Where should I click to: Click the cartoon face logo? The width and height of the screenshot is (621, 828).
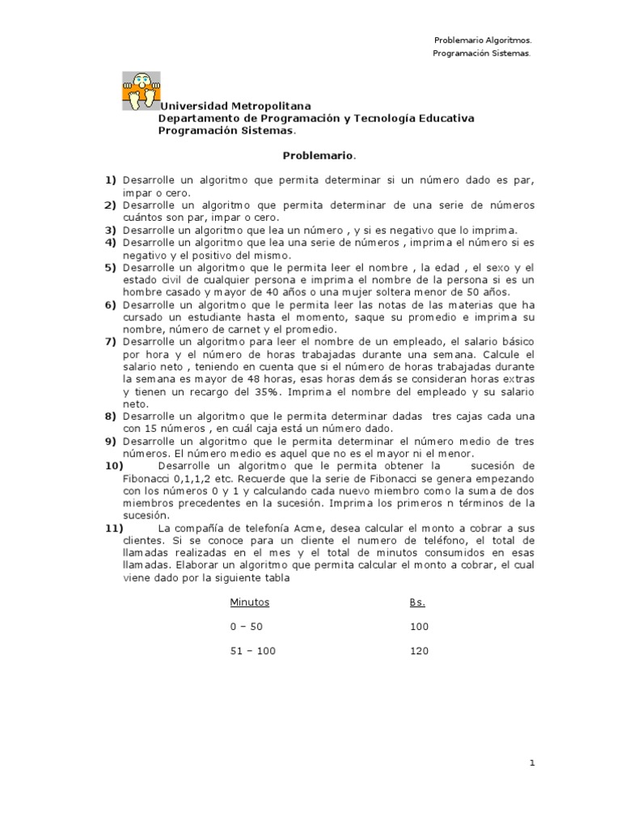tap(141, 91)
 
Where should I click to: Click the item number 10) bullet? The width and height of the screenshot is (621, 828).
tap(113, 467)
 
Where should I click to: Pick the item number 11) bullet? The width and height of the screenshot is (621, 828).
tap(113, 529)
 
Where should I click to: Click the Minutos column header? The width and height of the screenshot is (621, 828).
tap(249, 602)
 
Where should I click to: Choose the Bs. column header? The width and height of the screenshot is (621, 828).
tap(417, 602)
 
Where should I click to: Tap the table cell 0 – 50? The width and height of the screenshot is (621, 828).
tap(247, 627)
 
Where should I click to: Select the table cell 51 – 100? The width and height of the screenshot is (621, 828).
tap(252, 651)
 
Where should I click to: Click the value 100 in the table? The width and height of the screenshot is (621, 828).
tap(420, 627)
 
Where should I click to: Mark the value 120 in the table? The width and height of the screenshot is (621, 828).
tap(420, 651)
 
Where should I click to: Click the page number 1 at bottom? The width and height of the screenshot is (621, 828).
tap(532, 763)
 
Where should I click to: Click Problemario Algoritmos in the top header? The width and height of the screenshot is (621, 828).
tap(483, 40)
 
